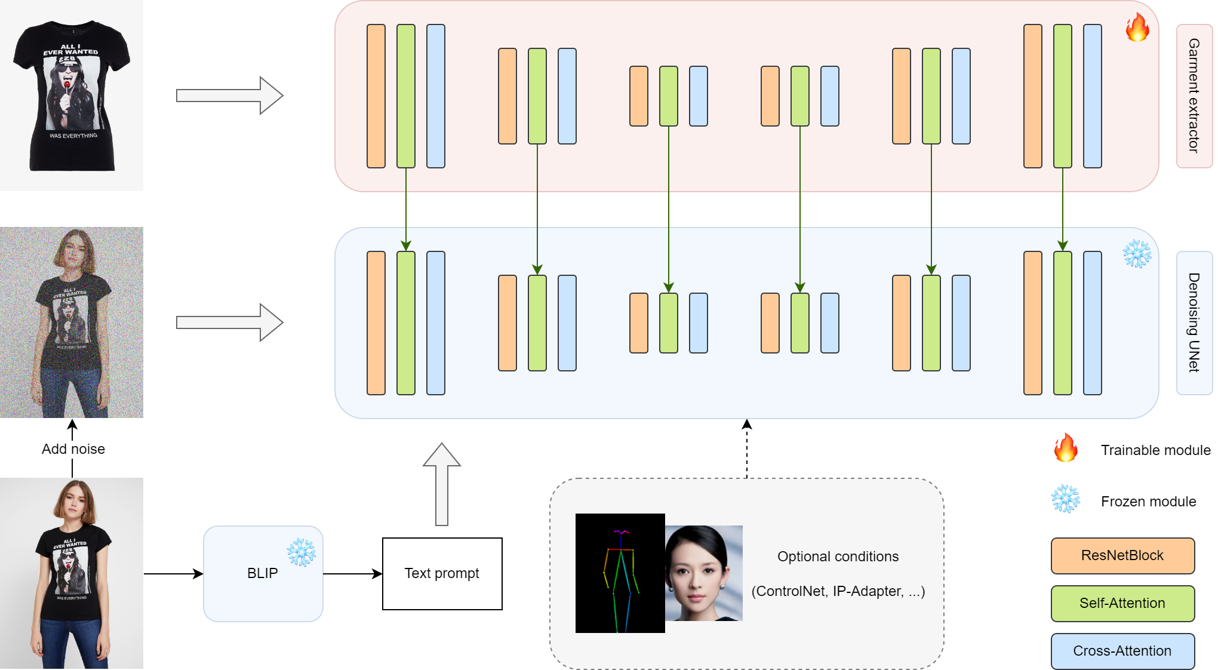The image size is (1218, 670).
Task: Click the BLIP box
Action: (263, 573)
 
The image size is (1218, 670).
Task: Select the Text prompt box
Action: (442, 573)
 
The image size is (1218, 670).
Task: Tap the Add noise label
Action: (73, 449)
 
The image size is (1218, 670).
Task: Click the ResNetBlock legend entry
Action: (1122, 555)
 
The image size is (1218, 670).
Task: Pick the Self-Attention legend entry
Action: (1122, 603)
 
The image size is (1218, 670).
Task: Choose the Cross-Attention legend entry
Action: (1122, 651)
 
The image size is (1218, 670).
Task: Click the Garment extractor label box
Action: (1194, 96)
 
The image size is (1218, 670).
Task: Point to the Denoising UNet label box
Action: (1194, 322)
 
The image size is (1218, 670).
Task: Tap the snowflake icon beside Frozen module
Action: (1066, 499)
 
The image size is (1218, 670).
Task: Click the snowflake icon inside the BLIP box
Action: (302, 552)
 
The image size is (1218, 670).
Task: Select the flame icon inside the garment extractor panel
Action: (1137, 27)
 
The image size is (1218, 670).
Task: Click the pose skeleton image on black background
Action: (620, 573)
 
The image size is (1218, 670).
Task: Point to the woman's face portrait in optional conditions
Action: (704, 573)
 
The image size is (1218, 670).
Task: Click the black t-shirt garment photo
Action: (72, 96)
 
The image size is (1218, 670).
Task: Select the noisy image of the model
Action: (72, 322)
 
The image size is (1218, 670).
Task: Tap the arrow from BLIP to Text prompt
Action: (352, 574)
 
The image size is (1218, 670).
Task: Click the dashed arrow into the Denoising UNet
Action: (746, 448)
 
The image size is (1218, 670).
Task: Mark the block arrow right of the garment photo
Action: (230, 96)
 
